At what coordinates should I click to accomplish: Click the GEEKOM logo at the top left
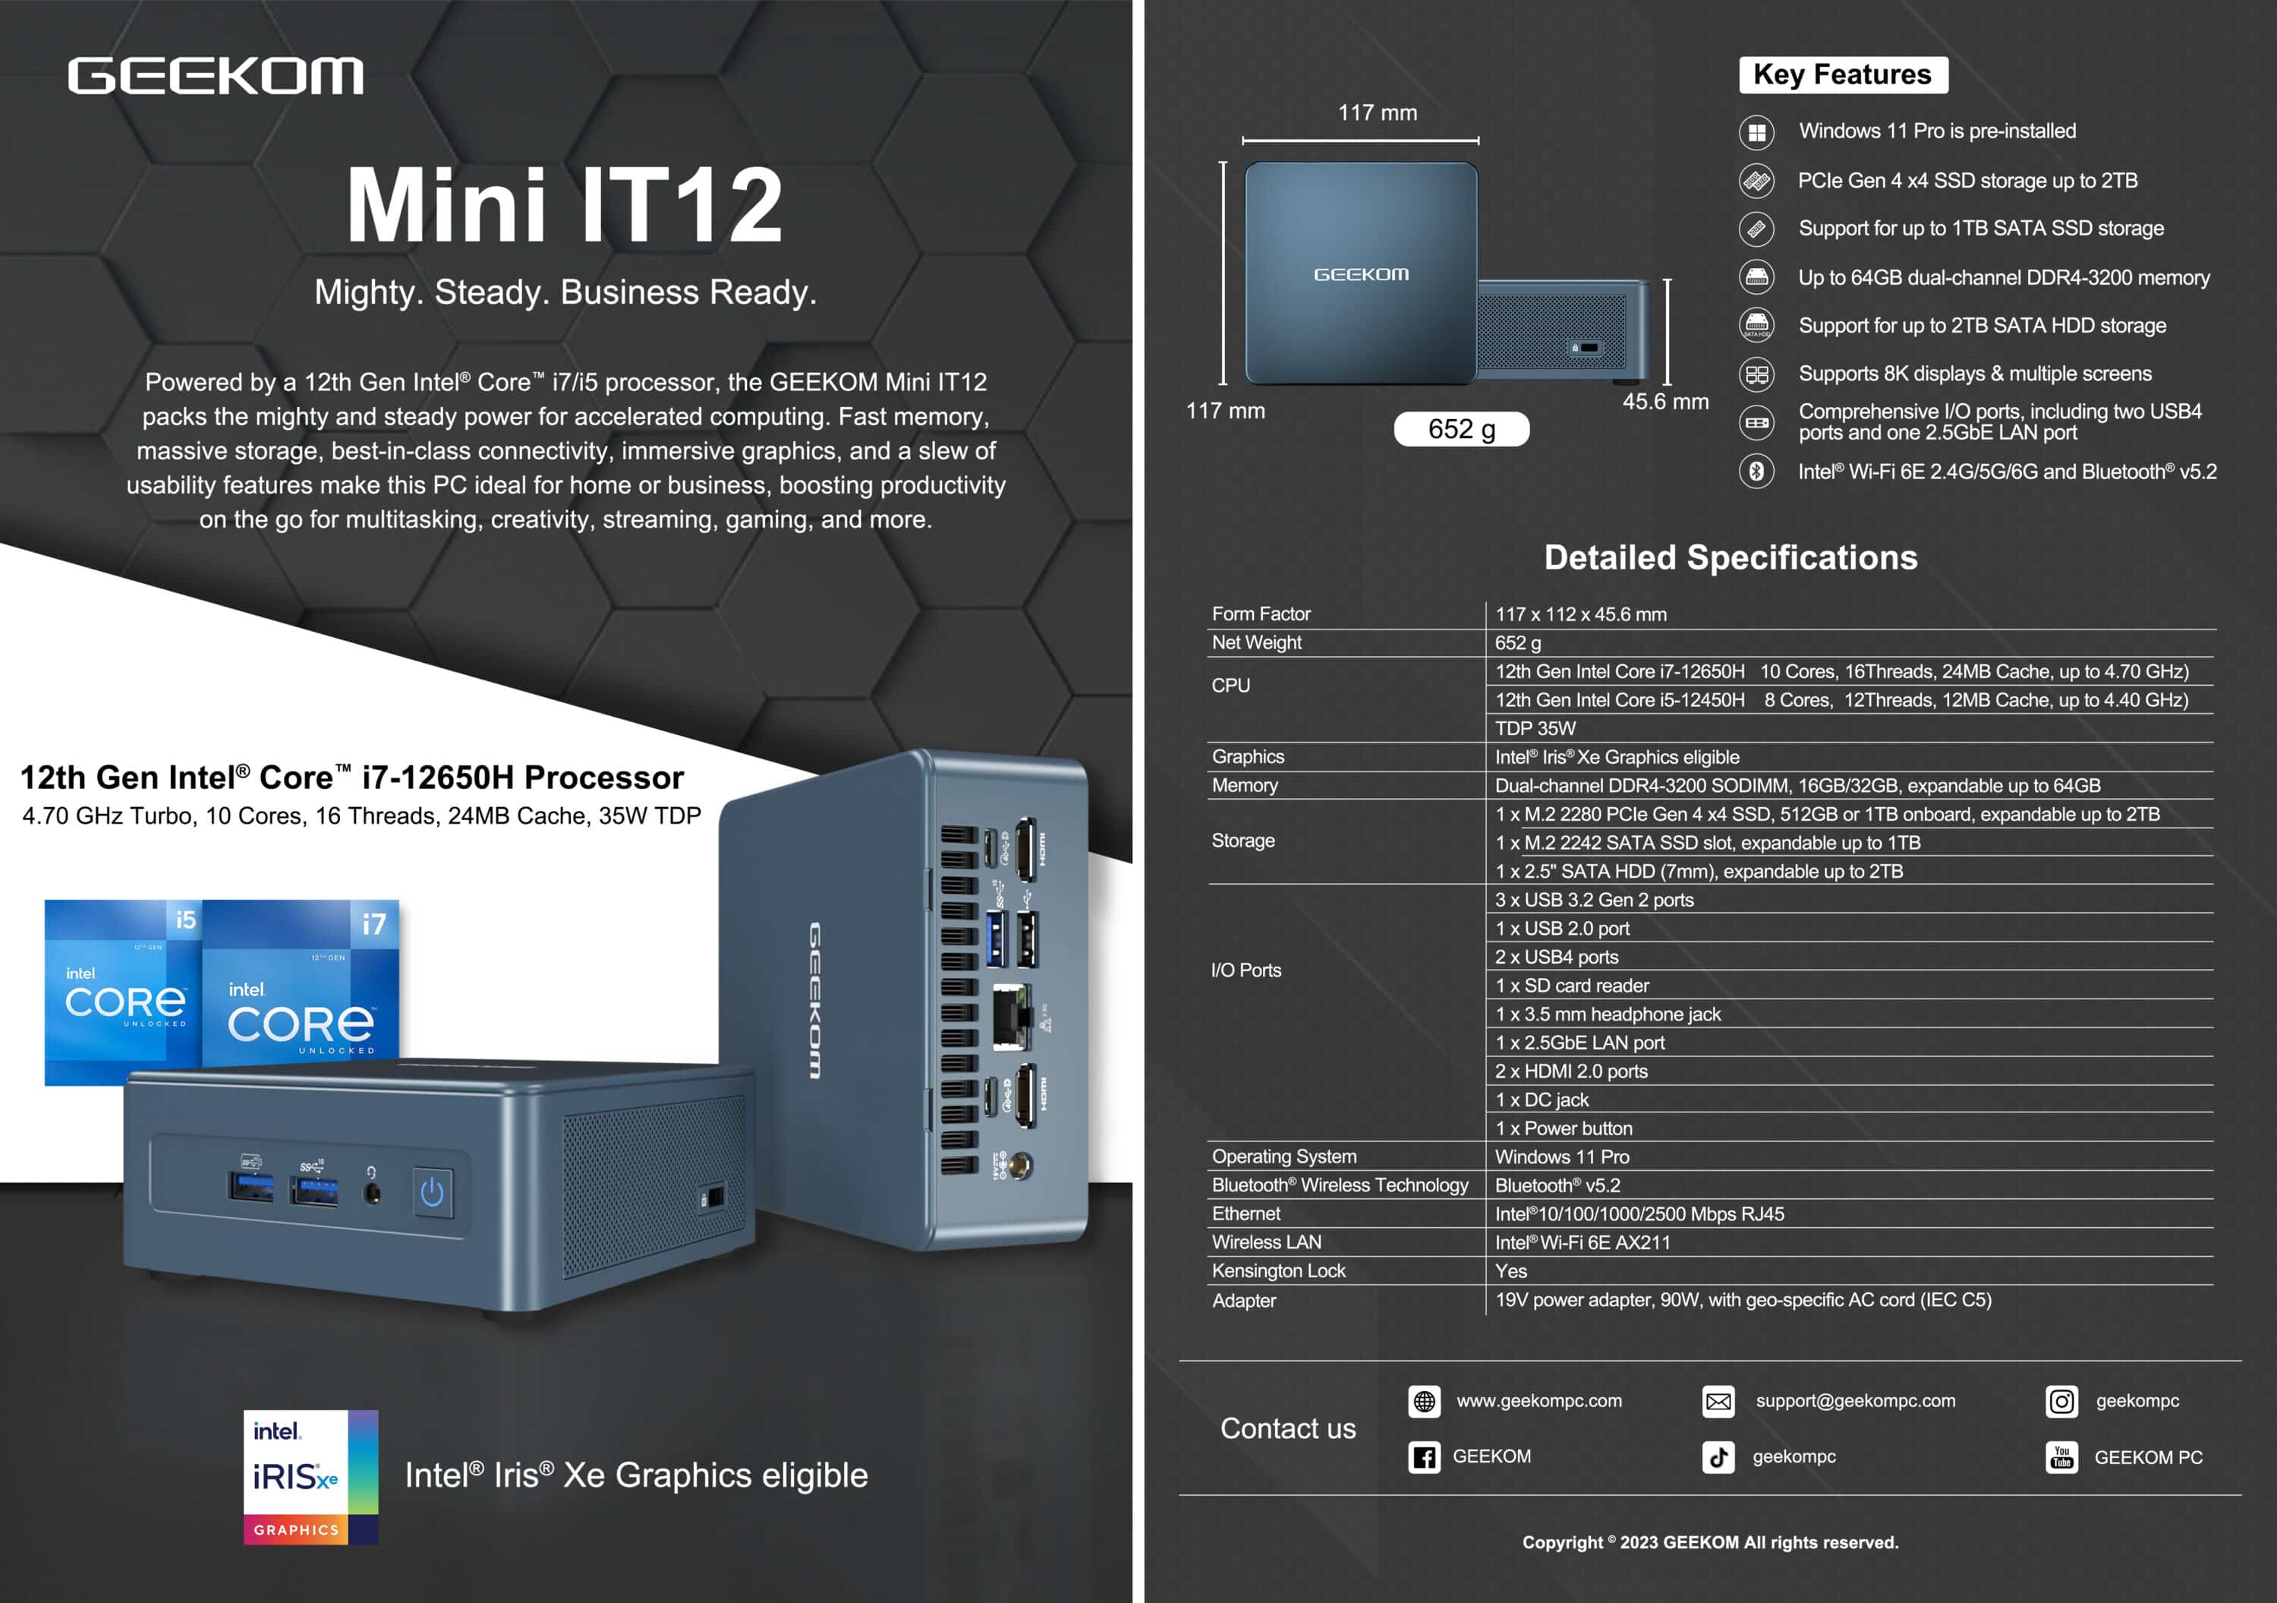[x=216, y=77]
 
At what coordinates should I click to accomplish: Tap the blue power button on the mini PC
[x=431, y=1191]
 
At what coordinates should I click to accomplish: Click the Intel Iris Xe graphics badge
[x=310, y=1477]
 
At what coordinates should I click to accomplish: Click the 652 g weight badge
[x=1461, y=428]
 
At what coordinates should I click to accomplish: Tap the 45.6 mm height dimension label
[x=1665, y=402]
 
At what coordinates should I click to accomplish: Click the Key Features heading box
[x=1843, y=74]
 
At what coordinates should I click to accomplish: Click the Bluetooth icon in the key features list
[x=1756, y=470]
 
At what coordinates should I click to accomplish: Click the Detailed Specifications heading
[x=1731, y=557]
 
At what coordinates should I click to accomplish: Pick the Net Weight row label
[x=1256, y=642]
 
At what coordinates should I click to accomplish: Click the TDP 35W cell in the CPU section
[x=1535, y=728]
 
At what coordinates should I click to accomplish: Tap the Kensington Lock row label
[x=1278, y=1270]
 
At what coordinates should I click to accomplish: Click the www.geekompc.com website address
[x=1539, y=1401]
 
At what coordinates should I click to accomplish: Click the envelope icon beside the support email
[x=1718, y=1402]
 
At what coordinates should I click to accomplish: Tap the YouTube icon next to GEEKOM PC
[x=2061, y=1457]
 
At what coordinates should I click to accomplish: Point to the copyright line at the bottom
[x=1711, y=1542]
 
